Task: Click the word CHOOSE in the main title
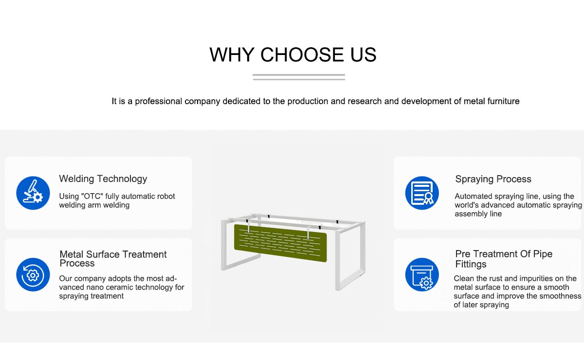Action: (x=302, y=55)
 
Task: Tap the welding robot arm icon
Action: (x=33, y=193)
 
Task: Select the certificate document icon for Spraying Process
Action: (x=422, y=193)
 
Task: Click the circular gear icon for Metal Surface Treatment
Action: (x=33, y=274)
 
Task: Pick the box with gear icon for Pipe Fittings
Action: (x=422, y=274)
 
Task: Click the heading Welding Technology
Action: (x=103, y=179)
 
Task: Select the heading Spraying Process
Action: (x=493, y=179)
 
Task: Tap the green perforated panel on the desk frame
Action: (x=280, y=243)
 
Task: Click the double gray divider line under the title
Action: (x=299, y=77)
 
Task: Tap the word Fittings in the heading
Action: (x=471, y=264)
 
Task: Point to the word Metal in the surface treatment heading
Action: (x=72, y=254)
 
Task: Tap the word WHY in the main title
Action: (x=232, y=55)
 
